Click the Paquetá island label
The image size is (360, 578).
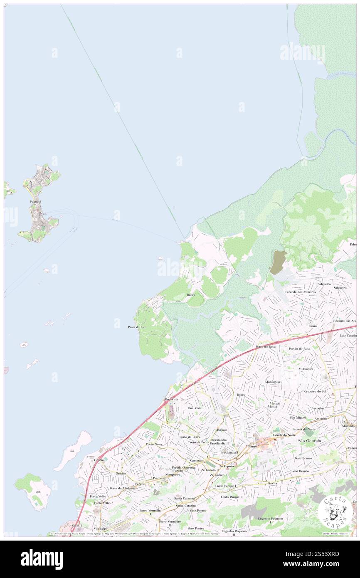pos(35,201)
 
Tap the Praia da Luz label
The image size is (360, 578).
pos(137,327)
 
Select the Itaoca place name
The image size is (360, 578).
pos(191,294)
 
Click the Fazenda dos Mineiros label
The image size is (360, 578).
pos(301,292)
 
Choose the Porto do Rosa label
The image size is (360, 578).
pos(265,346)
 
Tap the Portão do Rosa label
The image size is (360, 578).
pos(299,348)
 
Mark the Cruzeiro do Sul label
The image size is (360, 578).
pos(315,391)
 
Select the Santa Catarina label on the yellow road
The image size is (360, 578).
pos(185,505)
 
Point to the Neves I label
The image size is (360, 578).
pos(77,526)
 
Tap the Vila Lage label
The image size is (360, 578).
pos(100,528)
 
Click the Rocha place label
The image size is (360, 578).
pos(272,483)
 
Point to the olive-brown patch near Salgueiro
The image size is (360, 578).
pos(277,262)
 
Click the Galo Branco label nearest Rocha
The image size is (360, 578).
pos(300,471)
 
